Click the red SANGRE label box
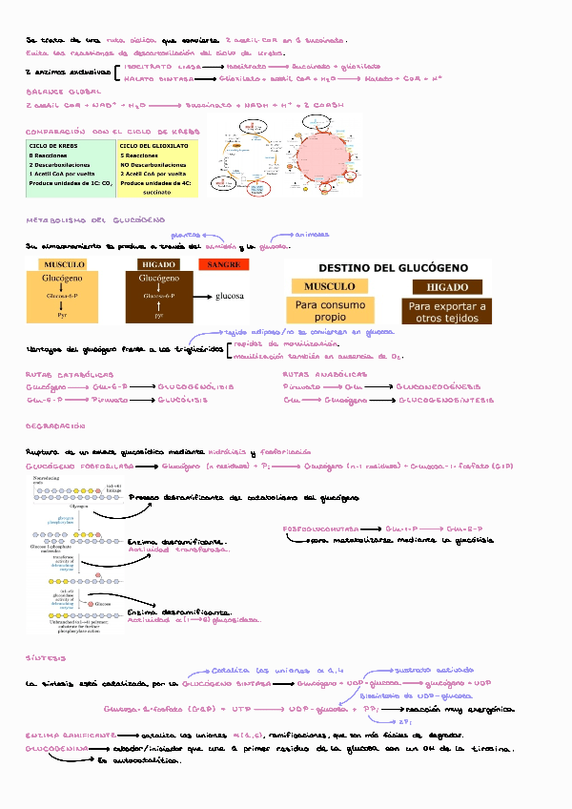coord(223,264)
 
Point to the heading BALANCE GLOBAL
coord(58,91)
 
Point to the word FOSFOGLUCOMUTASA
coord(321,528)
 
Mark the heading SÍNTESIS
coord(46,658)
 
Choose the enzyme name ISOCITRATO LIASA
coord(163,67)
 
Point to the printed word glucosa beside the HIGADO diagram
coord(232,295)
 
